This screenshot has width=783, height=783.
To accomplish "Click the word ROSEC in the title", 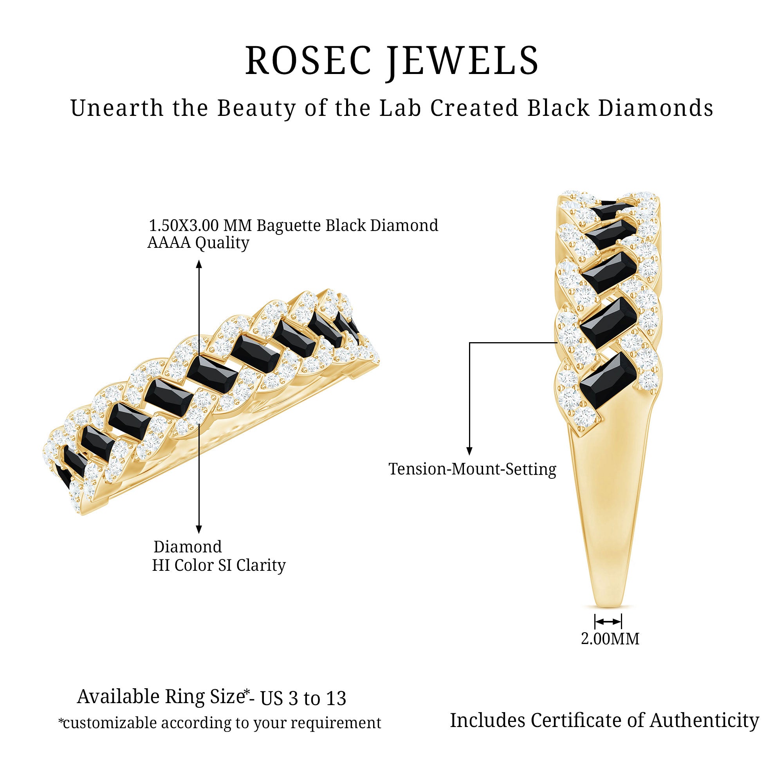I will pyautogui.click(x=308, y=61).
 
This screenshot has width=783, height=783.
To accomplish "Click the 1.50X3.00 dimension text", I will pyautogui.click(x=184, y=226).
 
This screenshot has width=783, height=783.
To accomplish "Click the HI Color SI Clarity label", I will pyautogui.click(x=218, y=565).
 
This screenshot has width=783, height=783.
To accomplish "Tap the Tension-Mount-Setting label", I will pyautogui.click(x=472, y=469).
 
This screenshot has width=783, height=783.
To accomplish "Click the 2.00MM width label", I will pyautogui.click(x=610, y=639).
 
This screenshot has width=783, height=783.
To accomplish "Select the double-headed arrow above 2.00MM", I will pyautogui.click(x=608, y=622).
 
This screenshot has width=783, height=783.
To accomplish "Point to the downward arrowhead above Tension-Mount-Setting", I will pyautogui.click(x=469, y=451).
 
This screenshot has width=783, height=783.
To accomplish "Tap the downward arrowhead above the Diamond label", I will pyautogui.click(x=199, y=529).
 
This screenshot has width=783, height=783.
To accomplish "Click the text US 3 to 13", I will pyautogui.click(x=303, y=698).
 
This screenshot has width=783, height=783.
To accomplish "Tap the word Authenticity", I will pyautogui.click(x=704, y=720).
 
